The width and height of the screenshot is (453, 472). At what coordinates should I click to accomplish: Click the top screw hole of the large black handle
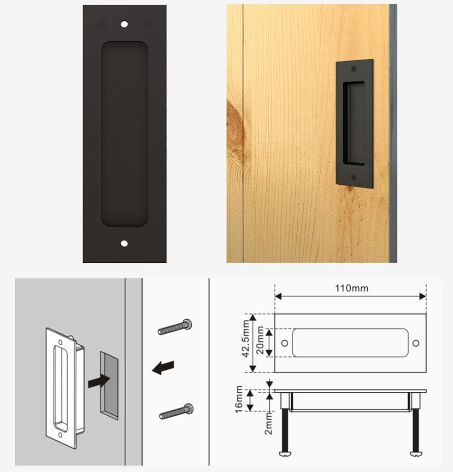tap(124, 24)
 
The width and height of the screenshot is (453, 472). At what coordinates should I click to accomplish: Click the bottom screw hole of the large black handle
tap(124, 243)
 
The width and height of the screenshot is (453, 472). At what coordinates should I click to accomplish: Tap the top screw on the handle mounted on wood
tap(353, 69)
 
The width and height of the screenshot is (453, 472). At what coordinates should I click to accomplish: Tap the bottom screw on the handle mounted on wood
tap(353, 177)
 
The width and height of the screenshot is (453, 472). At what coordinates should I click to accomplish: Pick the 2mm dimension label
tap(269, 425)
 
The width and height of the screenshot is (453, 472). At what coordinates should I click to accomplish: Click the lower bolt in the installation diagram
tap(176, 411)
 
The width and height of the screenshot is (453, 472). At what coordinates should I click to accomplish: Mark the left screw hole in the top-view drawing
tap(284, 343)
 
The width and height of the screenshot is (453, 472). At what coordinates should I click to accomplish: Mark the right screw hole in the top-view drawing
tap(416, 343)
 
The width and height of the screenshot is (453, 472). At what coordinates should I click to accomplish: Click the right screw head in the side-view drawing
tap(416, 454)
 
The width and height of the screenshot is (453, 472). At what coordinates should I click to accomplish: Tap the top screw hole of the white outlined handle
tap(59, 342)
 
